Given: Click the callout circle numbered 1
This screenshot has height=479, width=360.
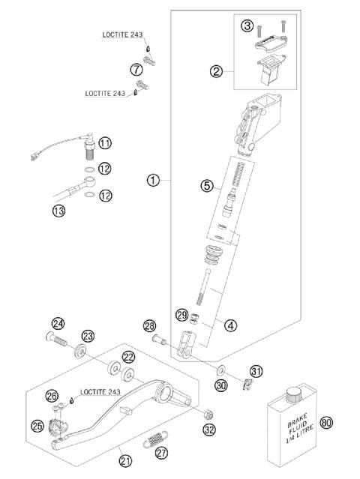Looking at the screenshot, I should click(153, 181).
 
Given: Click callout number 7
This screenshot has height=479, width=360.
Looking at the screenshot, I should click(136, 69).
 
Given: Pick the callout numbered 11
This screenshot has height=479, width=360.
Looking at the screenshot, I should click(104, 142).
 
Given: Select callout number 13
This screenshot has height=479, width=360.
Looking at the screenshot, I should click(58, 211).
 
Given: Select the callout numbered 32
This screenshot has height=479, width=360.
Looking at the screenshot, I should click(209, 430).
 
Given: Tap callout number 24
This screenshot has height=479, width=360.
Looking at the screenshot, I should click(58, 324).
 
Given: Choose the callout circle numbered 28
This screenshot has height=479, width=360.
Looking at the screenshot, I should click(150, 326).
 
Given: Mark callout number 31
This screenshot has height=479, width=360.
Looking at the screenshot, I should click(256, 371).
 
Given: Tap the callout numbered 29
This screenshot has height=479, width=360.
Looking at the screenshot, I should click(181, 314).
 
